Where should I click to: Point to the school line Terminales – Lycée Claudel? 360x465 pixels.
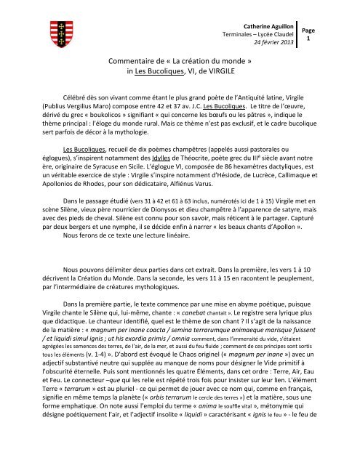pyautogui.click(x=271, y=34)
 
